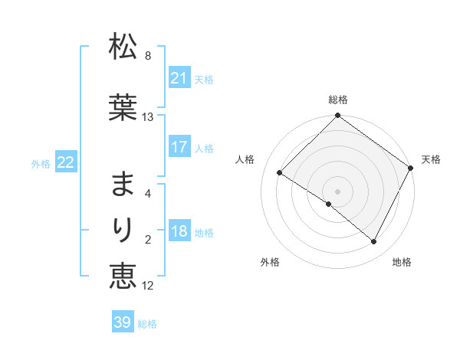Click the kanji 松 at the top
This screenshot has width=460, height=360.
click(x=123, y=47)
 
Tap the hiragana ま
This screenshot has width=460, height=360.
click(x=123, y=185)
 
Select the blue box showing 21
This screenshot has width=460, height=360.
click(x=179, y=78)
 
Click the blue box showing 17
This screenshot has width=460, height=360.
click(x=179, y=147)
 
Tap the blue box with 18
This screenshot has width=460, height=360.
click(x=179, y=231)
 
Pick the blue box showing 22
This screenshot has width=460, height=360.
click(x=66, y=162)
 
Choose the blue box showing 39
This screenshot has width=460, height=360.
click(x=123, y=322)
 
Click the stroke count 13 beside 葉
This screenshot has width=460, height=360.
click(x=148, y=117)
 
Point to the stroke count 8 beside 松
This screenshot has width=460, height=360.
click(x=148, y=56)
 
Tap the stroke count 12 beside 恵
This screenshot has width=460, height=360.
click(x=148, y=286)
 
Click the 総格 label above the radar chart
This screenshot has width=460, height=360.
click(x=338, y=100)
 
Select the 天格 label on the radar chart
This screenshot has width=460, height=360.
click(x=431, y=159)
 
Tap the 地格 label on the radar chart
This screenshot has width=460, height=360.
click(x=402, y=262)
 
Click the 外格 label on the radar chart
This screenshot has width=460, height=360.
click(x=270, y=262)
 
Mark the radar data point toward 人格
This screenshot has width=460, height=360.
click(x=280, y=172)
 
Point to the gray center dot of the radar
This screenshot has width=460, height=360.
click(x=338, y=191)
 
